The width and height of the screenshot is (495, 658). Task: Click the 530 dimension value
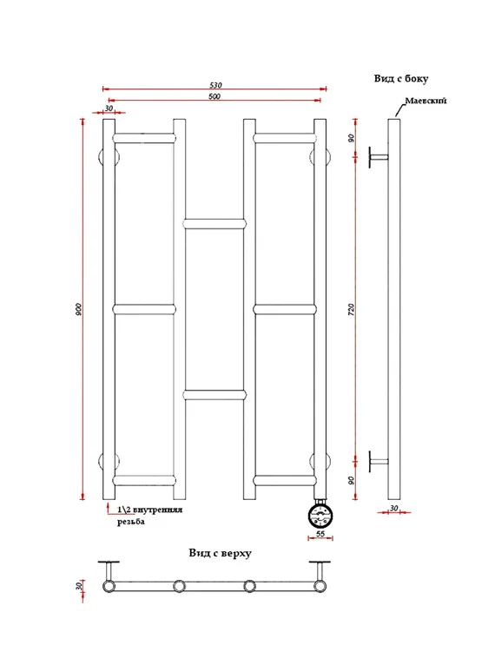[x=215, y=85]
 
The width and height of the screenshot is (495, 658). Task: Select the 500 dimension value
[x=214, y=96]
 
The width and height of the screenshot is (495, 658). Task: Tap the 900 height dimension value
[x=78, y=309]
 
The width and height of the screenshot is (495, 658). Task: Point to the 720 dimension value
[x=352, y=309]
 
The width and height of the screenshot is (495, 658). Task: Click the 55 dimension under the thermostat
[x=320, y=534]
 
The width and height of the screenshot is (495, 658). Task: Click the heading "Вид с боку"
[x=401, y=78]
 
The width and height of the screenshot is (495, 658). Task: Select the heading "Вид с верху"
[x=220, y=553]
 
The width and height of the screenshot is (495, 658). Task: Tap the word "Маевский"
[x=426, y=101]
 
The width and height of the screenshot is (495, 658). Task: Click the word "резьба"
[x=131, y=522]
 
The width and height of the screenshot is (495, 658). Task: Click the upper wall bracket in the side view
[x=379, y=157]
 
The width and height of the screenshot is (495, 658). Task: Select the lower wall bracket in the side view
[x=379, y=462]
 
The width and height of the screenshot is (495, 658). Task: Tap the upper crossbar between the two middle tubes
[x=215, y=223]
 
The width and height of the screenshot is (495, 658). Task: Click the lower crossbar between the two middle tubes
[x=215, y=395]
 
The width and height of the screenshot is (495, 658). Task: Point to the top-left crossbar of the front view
[x=144, y=138]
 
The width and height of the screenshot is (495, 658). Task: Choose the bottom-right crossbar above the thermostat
[x=285, y=481]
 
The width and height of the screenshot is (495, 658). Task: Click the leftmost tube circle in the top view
[x=109, y=586]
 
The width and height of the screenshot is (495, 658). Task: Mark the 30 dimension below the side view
[x=393, y=508]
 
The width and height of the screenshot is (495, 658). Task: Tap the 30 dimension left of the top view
[x=78, y=586]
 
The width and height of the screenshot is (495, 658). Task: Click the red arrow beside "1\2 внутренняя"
[x=109, y=508]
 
